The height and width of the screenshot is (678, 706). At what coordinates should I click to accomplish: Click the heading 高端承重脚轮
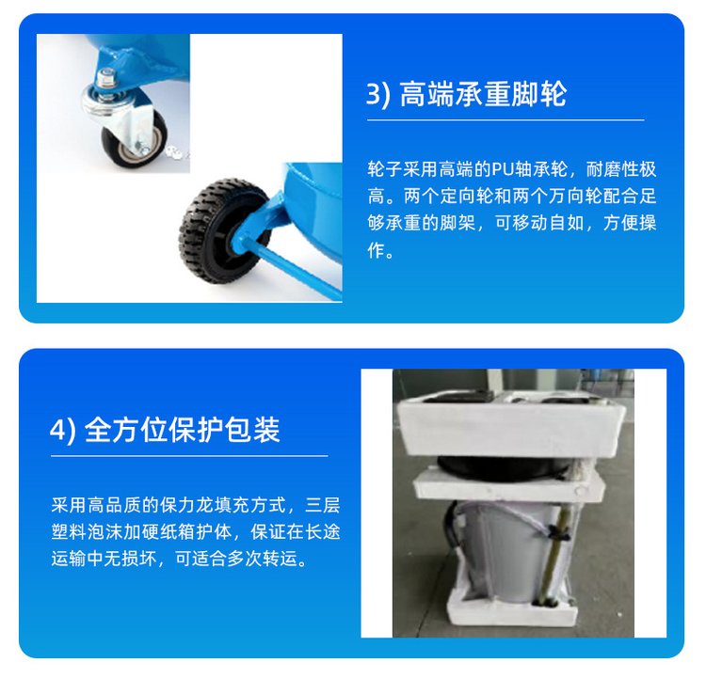(x=483, y=94)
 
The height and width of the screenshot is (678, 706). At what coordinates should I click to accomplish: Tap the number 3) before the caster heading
(x=377, y=94)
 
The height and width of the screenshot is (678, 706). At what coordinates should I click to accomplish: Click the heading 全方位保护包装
(x=183, y=430)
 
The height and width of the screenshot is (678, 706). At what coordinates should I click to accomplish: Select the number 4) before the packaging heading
(x=62, y=430)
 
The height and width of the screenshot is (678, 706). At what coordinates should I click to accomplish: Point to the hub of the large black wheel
(x=235, y=236)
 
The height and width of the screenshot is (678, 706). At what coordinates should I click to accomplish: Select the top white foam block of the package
(x=510, y=422)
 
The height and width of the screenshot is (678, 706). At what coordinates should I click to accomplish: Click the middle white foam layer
(x=508, y=486)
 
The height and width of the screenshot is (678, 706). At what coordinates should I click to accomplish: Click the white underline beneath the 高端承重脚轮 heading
(x=505, y=120)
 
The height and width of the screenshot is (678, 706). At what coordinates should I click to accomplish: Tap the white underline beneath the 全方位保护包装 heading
(x=189, y=456)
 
